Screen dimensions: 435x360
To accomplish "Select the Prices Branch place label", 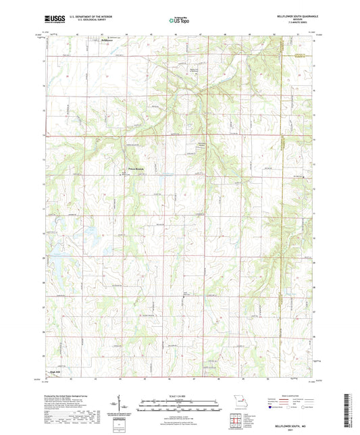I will [x=137, y=169].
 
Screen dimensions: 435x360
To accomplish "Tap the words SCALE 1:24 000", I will [x=180, y=396].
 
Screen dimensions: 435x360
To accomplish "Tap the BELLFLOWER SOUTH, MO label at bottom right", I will [x=296, y=426].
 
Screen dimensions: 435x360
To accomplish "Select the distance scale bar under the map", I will [x=180, y=407].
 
